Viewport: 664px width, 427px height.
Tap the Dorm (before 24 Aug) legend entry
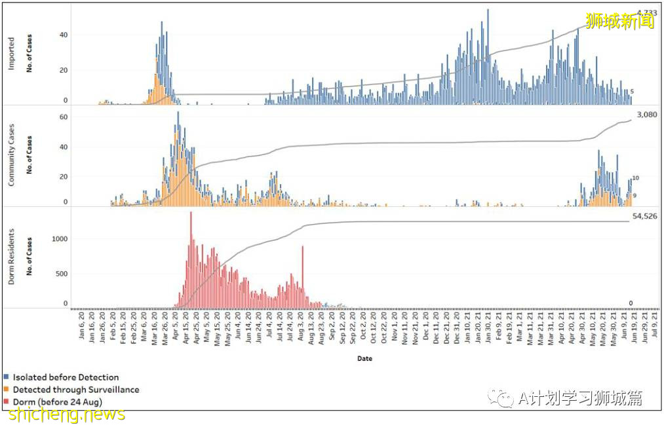pos(57,401)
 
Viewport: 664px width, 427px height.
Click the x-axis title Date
pos(365,358)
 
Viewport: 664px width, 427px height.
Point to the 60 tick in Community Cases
pos(64,117)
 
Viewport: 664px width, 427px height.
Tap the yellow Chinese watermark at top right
pos(619,21)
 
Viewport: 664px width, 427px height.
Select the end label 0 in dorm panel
pos(631,303)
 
